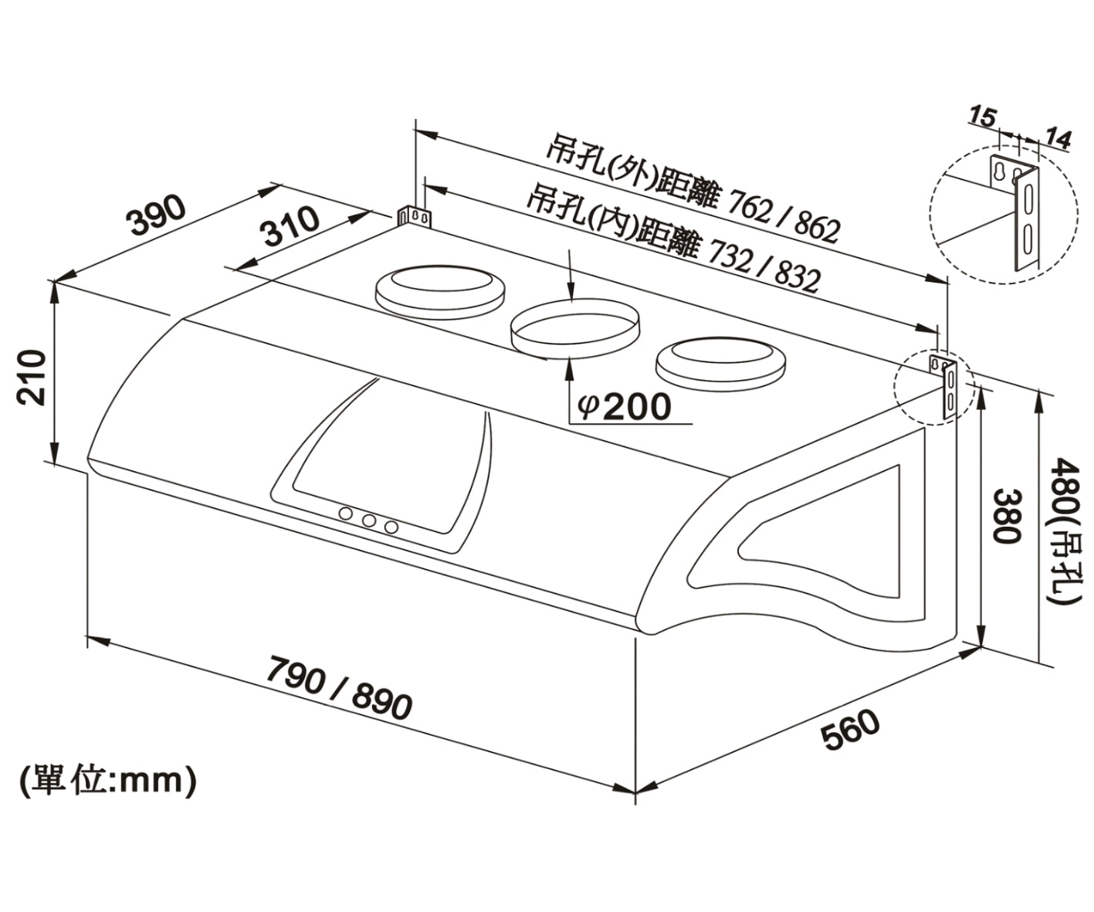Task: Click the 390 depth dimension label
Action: [x=157, y=215]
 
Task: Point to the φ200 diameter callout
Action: [x=624, y=406]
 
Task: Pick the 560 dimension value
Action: [x=850, y=731]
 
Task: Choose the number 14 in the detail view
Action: [x=1058, y=139]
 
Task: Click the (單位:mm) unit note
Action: [x=108, y=781]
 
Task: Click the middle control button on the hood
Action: [x=369, y=521]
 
